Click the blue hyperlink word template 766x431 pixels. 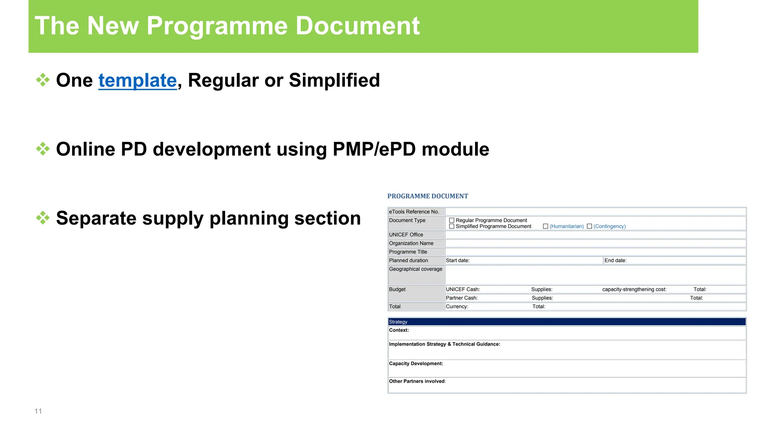pyautogui.click(x=137, y=80)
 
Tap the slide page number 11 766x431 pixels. pyautogui.click(x=38, y=411)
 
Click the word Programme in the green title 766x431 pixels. pyautogui.click(x=217, y=26)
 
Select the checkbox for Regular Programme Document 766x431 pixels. pyautogui.click(x=451, y=220)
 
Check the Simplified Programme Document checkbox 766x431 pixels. pyautogui.click(x=451, y=226)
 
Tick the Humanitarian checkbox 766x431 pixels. pyautogui.click(x=545, y=226)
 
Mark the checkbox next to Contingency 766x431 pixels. pyautogui.click(x=589, y=226)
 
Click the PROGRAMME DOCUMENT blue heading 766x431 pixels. pyautogui.click(x=428, y=196)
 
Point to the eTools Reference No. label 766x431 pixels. pyautogui.click(x=414, y=212)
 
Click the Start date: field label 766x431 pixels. pyautogui.click(x=457, y=260)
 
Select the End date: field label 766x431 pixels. pyautogui.click(x=615, y=260)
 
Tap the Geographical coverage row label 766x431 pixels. pyautogui.click(x=415, y=269)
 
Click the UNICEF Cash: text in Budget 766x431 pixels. pyautogui.click(x=463, y=289)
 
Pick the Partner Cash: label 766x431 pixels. pyautogui.click(x=462, y=298)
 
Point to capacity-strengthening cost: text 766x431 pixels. pyautogui.click(x=634, y=289)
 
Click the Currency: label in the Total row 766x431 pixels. pyautogui.click(x=457, y=306)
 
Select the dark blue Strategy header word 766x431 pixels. pyautogui.click(x=398, y=322)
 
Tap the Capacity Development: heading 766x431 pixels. pyautogui.click(x=416, y=363)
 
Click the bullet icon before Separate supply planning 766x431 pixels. pyautogui.click(x=43, y=218)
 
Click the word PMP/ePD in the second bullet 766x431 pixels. pyautogui.click(x=374, y=149)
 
